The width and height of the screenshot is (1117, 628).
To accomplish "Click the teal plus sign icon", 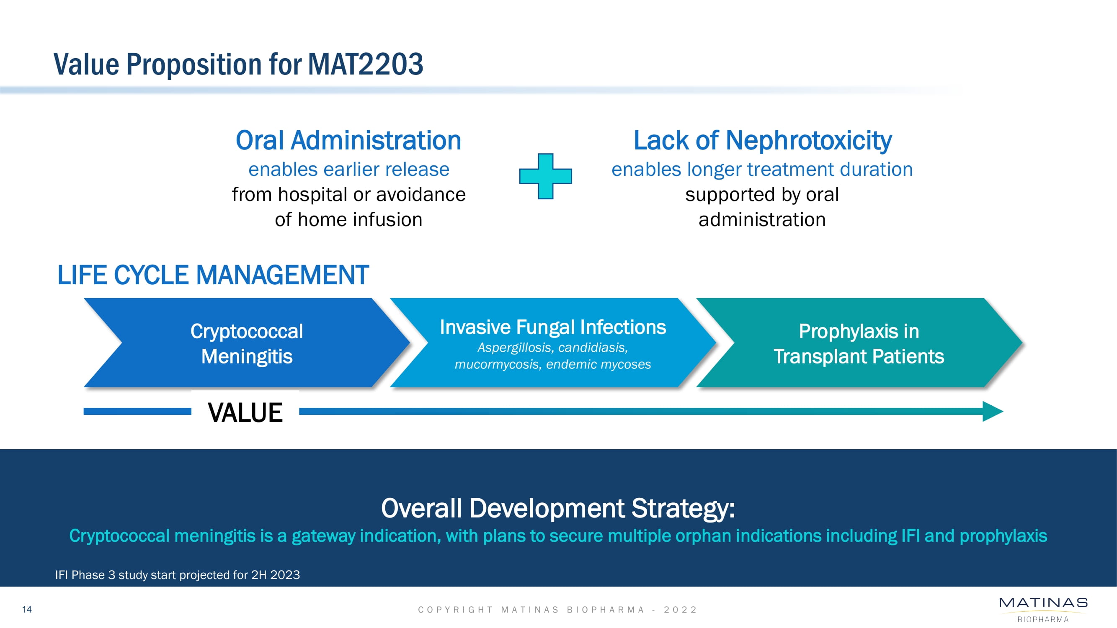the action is [545, 176].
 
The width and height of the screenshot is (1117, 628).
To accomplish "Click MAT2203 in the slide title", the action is [366, 64].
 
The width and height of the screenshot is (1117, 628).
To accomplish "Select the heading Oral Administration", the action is [348, 140].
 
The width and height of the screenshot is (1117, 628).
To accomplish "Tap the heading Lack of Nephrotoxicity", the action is [762, 140].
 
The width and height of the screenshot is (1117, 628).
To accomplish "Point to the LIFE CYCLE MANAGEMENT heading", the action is [213, 275].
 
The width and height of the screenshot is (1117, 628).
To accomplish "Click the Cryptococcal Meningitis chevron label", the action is [247, 344].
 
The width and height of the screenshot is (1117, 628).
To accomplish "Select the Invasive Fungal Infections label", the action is [553, 327].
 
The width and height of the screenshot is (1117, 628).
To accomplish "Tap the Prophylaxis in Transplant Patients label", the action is [859, 344].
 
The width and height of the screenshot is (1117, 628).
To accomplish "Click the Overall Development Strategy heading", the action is [558, 508].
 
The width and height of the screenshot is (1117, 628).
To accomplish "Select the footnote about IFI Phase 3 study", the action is [177, 575].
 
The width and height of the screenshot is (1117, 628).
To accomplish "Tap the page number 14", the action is [27, 609].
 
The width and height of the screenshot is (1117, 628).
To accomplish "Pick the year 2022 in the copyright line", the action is [680, 610].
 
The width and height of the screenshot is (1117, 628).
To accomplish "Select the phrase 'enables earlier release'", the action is [348, 169].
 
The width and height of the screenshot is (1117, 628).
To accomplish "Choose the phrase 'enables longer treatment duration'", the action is [762, 169].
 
